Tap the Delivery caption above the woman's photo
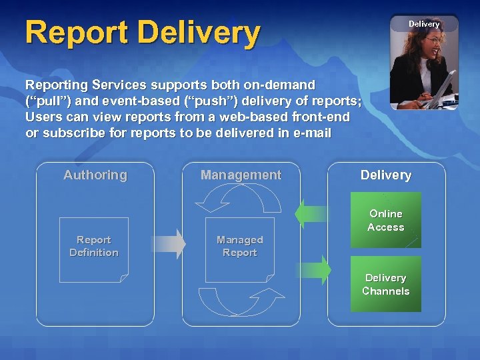[x=424, y=24]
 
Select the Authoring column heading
[x=95, y=175]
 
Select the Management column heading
[x=241, y=175]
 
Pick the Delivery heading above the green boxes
[x=386, y=175]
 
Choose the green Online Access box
[x=386, y=221]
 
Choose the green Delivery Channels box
[x=386, y=285]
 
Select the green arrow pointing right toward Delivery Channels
[x=313, y=270]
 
